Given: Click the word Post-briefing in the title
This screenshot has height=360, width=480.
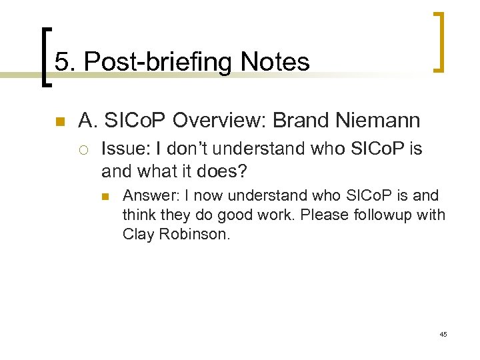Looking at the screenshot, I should pos(157,63).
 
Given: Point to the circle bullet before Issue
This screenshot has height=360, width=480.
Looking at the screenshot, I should pos(87,149).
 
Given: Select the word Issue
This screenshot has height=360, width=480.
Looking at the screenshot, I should pos(120,149).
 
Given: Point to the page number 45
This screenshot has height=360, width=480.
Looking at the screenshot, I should pos(443,333).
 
